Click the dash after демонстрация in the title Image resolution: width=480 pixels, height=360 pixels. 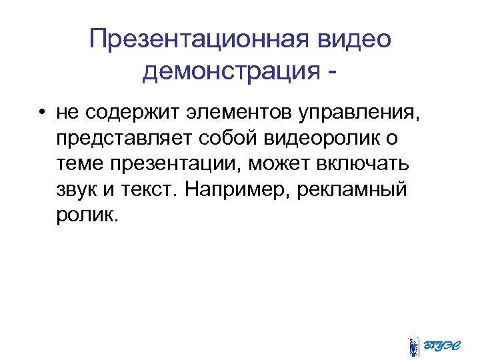(331, 71)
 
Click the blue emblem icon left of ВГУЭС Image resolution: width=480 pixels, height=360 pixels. (413, 344)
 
